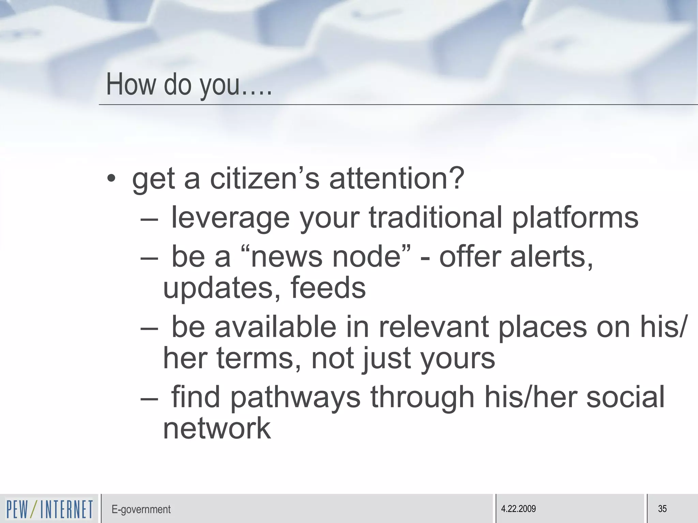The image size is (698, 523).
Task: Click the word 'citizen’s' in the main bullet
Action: pyautogui.click(x=265, y=179)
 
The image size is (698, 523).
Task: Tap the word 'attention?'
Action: pyautogui.click(x=396, y=179)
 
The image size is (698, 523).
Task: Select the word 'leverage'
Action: pyautogui.click(x=230, y=218)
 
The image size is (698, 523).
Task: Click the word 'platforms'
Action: pyautogui.click(x=575, y=218)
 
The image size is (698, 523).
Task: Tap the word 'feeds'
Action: pyautogui.click(x=328, y=288)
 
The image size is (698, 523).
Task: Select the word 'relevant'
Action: pyautogui.click(x=434, y=327)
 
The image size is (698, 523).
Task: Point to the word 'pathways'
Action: pyautogui.click(x=295, y=398)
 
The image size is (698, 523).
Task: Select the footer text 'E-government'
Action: pyautogui.click(x=141, y=509)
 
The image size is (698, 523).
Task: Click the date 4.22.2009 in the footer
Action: pyautogui.click(x=518, y=509)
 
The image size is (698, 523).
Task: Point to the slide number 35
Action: pyautogui.click(x=662, y=509)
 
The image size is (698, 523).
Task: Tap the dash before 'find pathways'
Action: pyautogui.click(x=149, y=397)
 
